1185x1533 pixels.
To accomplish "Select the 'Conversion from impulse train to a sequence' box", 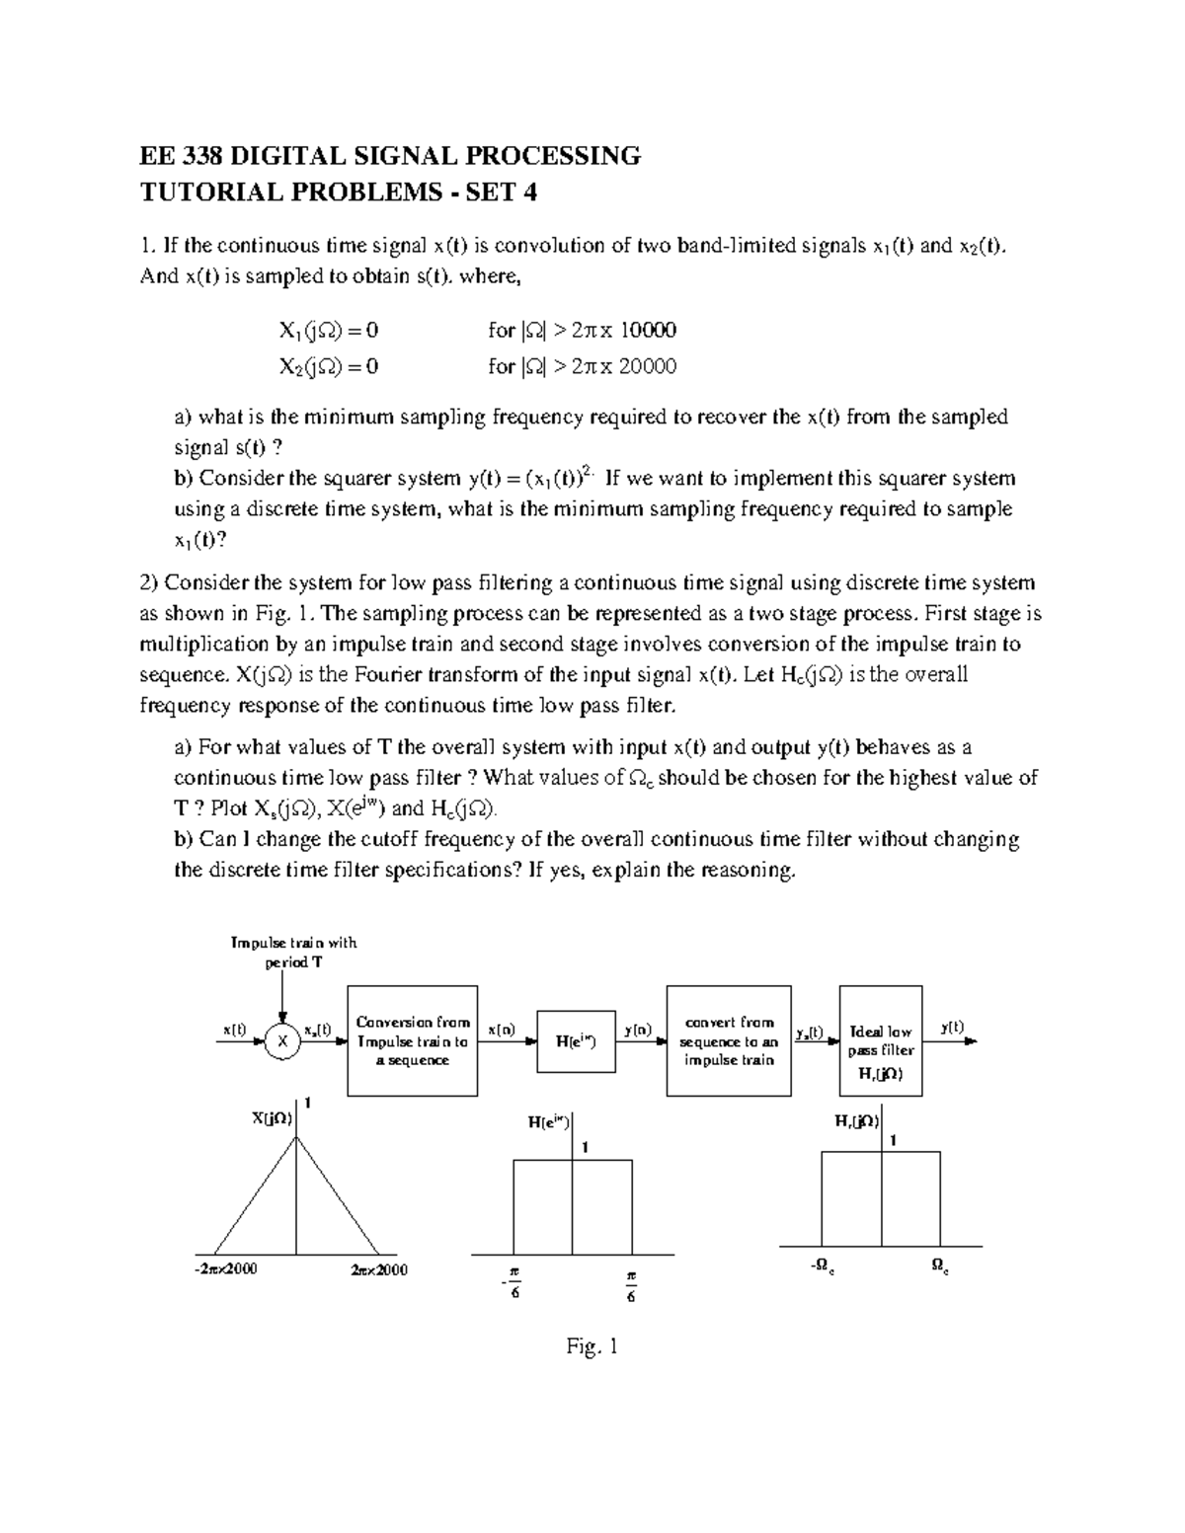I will (x=413, y=1040).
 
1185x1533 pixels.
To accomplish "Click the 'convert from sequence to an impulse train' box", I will (x=729, y=1040).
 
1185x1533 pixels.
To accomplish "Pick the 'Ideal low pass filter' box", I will (x=881, y=1040).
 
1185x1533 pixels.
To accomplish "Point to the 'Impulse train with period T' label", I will (x=293, y=953).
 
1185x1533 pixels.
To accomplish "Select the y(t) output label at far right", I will (x=952, y=1027).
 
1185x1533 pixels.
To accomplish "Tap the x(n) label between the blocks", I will (x=502, y=1030).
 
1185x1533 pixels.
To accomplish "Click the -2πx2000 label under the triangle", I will (x=226, y=1269).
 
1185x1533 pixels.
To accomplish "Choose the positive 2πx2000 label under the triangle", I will (x=378, y=1269).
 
